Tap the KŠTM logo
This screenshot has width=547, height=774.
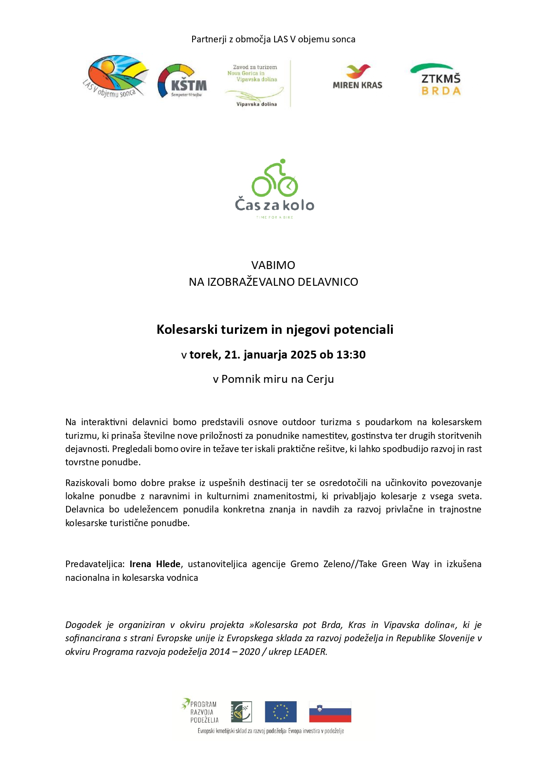pos(182,81)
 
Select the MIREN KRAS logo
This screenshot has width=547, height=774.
pos(357,77)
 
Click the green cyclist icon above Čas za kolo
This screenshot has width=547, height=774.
pos(275,178)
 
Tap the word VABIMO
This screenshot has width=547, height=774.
pos(273,265)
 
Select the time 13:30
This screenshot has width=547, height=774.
pos(351,355)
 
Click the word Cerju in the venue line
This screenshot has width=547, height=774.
pos(320,379)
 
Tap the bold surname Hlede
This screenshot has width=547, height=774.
pos(168,564)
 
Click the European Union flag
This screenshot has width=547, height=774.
pos(281,712)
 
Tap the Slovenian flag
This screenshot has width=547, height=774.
pos(330,712)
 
